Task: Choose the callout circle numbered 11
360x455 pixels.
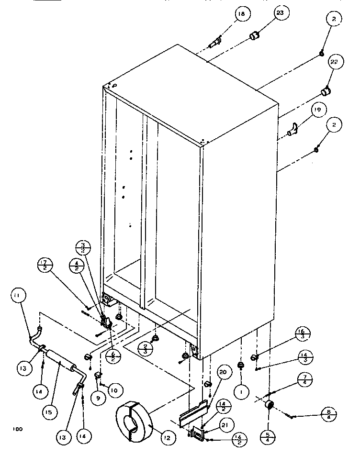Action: click(x=17, y=297)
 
